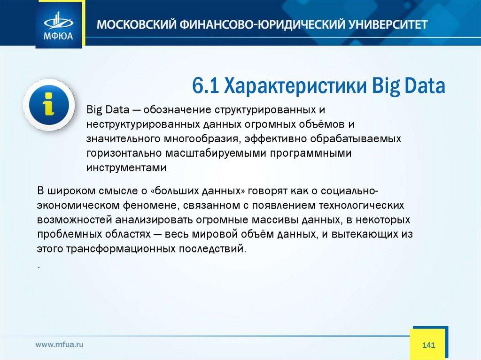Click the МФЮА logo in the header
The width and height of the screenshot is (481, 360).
click(x=59, y=26)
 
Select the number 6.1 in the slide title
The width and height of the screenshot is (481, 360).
click(x=205, y=85)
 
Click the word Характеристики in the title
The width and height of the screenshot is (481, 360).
click(x=295, y=85)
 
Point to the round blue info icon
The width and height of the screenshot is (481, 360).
click(x=49, y=105)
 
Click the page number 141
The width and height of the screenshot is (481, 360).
click(x=428, y=345)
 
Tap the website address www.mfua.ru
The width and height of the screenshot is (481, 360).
click(x=59, y=345)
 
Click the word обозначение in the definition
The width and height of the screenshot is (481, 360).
click(x=177, y=110)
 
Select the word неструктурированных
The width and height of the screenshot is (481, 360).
click(x=143, y=124)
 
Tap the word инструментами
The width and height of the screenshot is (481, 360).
click(x=126, y=168)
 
